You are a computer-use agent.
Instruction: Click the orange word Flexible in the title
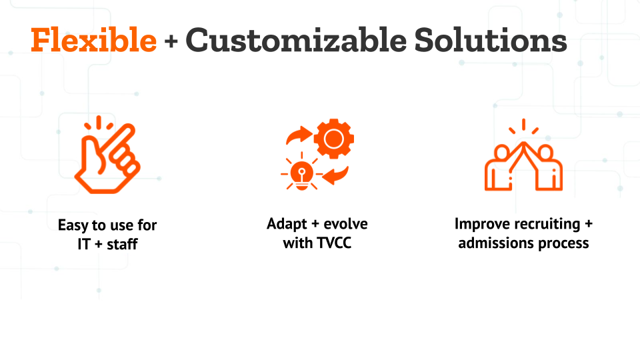pos(93,39)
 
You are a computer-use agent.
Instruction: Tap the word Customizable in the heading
pos(296,39)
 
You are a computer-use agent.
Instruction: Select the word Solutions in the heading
pos(491,39)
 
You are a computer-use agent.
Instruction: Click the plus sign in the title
pos(171,41)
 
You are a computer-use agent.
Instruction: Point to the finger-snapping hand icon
pos(107,155)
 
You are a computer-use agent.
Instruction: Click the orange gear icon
pos(334,139)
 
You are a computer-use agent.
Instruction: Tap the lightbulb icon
pos(301,174)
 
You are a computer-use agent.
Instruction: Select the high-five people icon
pos(524,155)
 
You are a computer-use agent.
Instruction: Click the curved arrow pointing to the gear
pos(299,135)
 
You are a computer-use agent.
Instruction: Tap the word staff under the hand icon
pos(122,244)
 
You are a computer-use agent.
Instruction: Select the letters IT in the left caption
pos(84,244)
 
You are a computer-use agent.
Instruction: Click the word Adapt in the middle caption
pos(287,224)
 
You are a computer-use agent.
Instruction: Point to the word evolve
pos(345,224)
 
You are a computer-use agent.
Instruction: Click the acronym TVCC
pos(334,243)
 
